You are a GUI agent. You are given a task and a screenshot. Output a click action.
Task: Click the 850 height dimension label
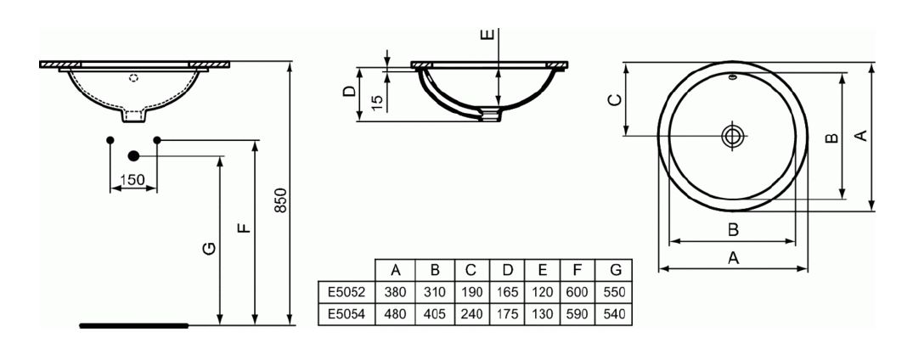coord(280,200)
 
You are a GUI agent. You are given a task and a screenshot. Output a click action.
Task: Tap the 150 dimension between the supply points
coord(132,180)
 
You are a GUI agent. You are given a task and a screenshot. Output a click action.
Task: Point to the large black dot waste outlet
coord(133,155)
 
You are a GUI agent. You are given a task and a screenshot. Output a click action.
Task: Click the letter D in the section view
coord(349,92)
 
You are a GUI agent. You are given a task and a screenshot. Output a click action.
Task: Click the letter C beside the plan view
coord(614,100)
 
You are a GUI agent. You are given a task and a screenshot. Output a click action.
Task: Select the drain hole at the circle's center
coord(732,136)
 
